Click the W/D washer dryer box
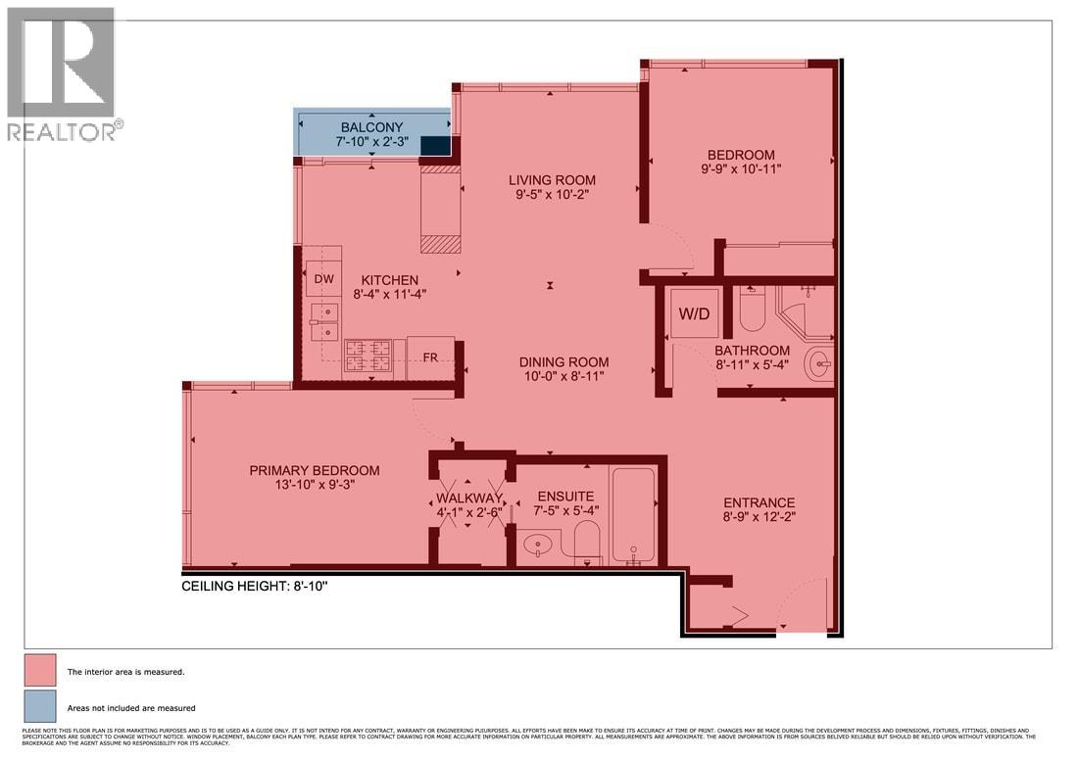pyautogui.click(x=694, y=313)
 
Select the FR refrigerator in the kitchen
pyautogui.click(x=430, y=357)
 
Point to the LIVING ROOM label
pyautogui.click(x=552, y=180)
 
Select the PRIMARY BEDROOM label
pyautogui.click(x=314, y=470)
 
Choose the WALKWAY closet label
pyautogui.click(x=469, y=499)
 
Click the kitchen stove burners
pyautogui.click(x=367, y=357)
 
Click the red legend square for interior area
pyautogui.click(x=39, y=672)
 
